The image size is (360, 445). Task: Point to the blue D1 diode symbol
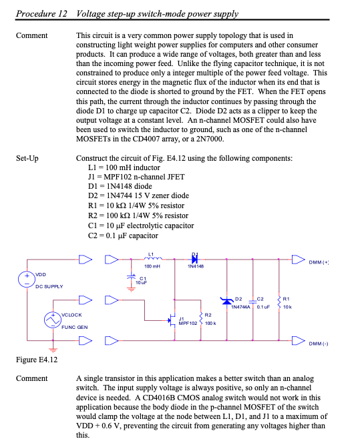(196, 258)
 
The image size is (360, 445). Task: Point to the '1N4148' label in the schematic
(196, 266)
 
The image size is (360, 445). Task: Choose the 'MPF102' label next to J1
(188, 323)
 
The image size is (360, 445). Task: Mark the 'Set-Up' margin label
(27, 159)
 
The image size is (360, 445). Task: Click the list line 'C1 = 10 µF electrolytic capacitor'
(136, 226)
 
